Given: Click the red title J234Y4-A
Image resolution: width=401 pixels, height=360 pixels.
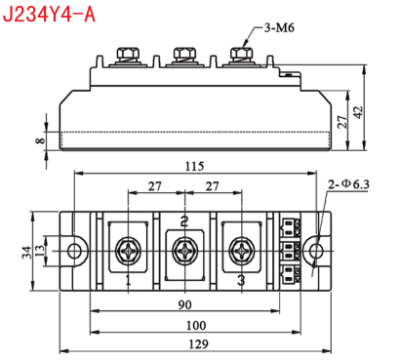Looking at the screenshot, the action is point(49,14).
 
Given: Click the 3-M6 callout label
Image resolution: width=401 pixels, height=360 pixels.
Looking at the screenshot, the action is point(279,28).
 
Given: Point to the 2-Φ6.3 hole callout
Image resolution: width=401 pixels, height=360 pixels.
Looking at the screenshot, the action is point(348,184).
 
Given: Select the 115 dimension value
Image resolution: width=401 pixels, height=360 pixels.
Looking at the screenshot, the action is point(194,166).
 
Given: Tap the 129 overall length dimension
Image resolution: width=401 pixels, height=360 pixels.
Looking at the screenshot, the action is point(198,344).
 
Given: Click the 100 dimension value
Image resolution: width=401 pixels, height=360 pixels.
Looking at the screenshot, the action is point(196,325).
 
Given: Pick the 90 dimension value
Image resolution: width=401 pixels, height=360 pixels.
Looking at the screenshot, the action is point(184,305).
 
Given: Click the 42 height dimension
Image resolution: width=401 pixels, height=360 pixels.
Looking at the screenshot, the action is point(358,112).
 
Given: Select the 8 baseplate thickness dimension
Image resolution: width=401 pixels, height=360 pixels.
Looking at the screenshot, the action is point(41,140).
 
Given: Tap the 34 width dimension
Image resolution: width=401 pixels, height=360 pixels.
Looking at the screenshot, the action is point(27,253).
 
